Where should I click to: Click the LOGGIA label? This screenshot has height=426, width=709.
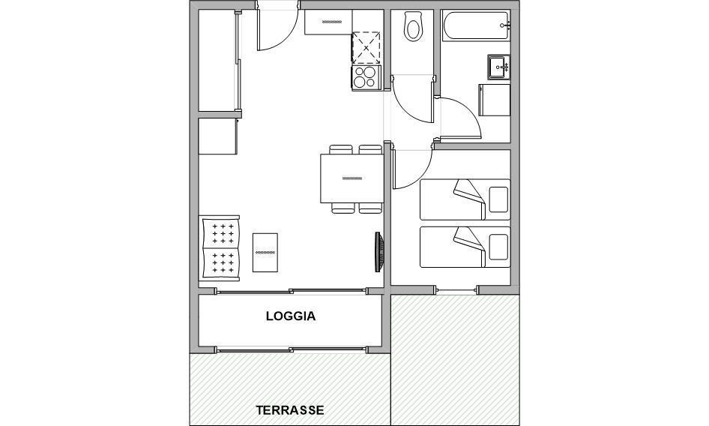coord(291,316)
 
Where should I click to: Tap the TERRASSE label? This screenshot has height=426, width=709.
coord(290,410)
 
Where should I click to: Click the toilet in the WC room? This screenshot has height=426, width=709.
coord(413,27)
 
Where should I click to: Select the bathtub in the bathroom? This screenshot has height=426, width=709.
coord(476,26)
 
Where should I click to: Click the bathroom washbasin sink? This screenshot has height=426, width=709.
coord(498,67)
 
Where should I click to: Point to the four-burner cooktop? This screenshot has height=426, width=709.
coord(365,77)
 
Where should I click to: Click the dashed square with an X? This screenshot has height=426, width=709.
coord(365,47)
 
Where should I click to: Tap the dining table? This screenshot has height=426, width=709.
coord(351,178)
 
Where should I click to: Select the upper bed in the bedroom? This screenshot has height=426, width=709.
coord(465,199)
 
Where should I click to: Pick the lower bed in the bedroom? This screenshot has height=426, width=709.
coord(465,247)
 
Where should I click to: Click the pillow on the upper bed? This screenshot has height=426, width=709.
coord(498,199)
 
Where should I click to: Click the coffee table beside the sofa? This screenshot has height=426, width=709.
coord(265,253)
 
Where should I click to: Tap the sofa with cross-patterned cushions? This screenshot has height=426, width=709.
coord(220,247)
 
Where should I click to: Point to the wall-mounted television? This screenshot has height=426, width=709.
coord(379,252)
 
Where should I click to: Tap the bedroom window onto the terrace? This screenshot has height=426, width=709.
coord(456,289)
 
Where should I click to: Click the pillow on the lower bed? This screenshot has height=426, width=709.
coord(498,247)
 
